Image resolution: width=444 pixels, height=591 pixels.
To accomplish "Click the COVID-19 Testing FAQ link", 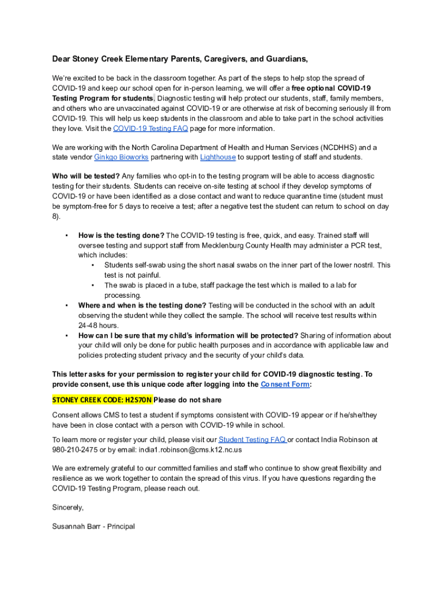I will (150, 129).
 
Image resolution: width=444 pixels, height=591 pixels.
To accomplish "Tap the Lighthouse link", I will (217, 157).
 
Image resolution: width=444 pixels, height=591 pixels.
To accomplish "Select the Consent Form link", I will (285, 384).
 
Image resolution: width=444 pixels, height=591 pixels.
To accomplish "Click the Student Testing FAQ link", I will (252, 440).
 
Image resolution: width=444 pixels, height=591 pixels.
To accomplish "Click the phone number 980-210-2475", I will (75, 450).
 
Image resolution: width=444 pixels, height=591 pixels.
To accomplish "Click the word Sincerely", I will (68, 507).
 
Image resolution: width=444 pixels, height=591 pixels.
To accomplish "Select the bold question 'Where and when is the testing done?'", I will (142, 305).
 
